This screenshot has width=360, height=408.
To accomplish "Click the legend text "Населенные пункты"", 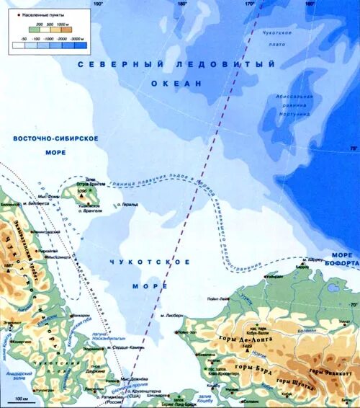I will [x=38, y=14].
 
